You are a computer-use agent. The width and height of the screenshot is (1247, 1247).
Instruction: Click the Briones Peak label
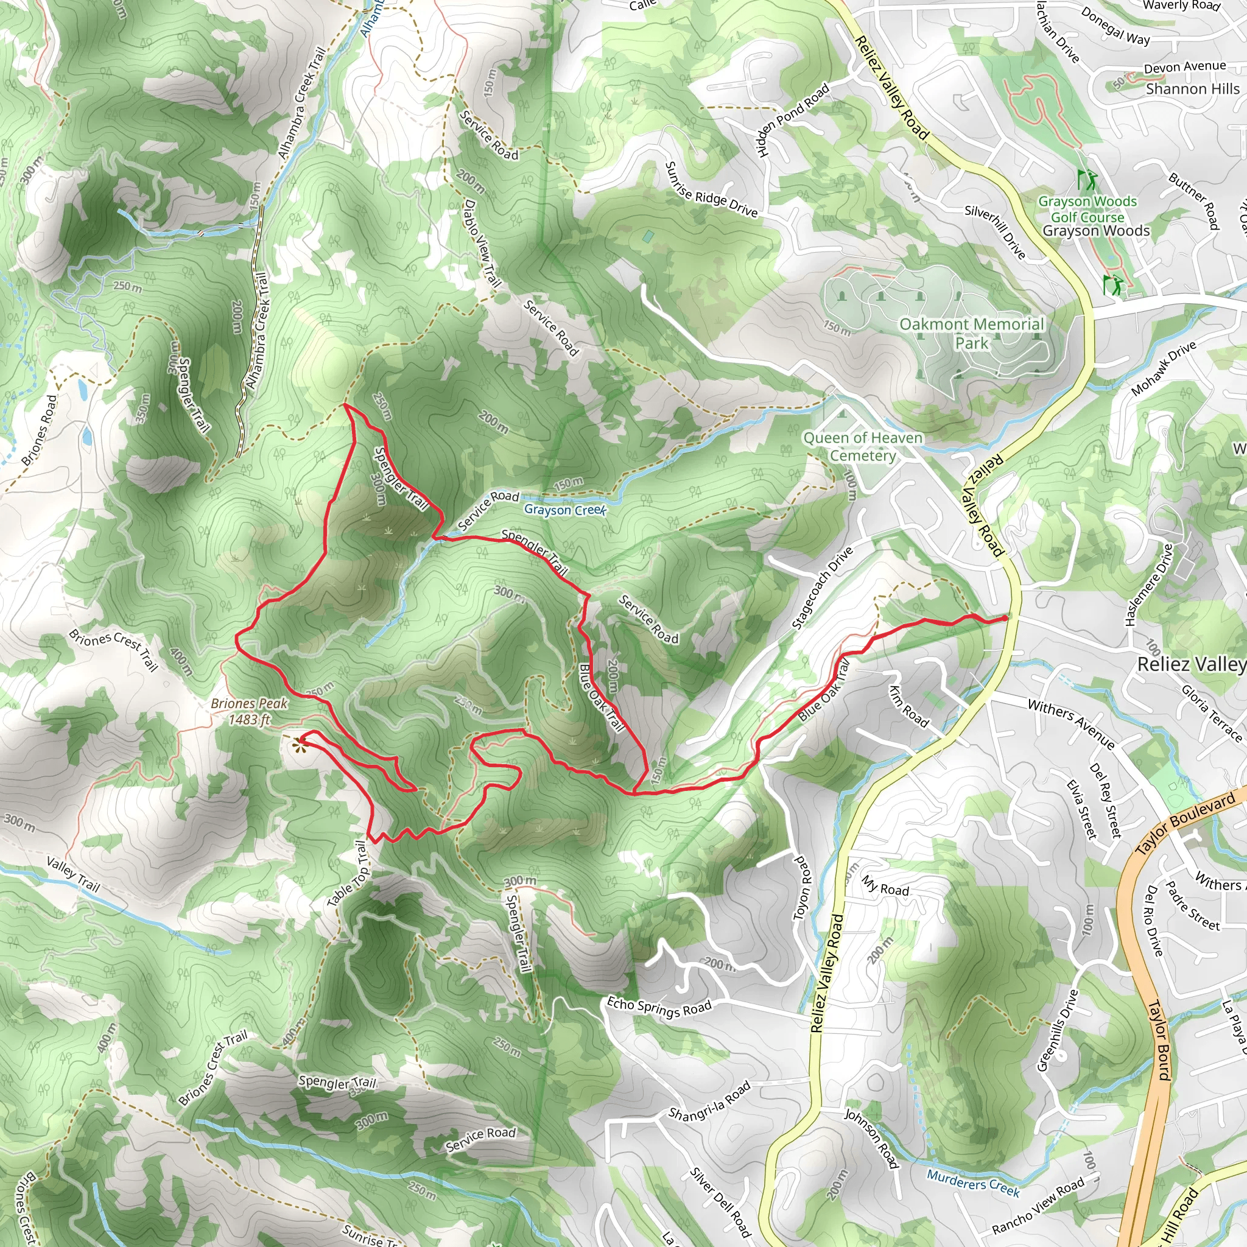click(249, 711)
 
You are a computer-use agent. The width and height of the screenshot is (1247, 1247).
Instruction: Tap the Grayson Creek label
click(565, 510)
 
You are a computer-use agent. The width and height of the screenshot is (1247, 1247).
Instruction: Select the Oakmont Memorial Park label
click(971, 333)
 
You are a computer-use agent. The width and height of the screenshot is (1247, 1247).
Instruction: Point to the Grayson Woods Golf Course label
click(1087, 209)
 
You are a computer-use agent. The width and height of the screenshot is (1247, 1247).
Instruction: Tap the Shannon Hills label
click(1192, 89)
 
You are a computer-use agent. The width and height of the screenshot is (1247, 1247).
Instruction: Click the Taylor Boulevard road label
click(1185, 823)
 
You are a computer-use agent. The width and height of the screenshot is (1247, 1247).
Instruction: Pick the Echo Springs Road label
click(659, 1007)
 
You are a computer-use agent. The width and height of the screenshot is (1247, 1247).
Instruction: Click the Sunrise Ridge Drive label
click(711, 190)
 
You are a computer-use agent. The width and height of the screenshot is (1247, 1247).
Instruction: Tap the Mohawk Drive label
click(1164, 368)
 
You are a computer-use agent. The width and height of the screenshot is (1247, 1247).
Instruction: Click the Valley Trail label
click(73, 874)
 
